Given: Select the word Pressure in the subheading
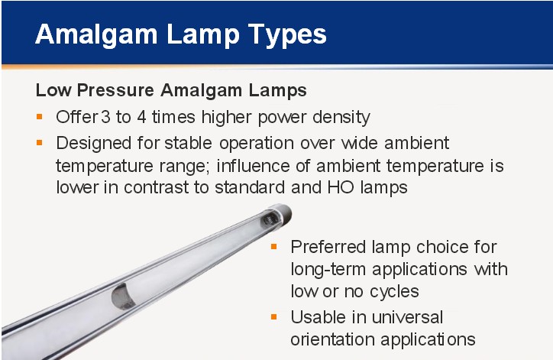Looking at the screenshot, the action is tap(115, 91).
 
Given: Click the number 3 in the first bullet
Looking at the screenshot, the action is tap(106, 117).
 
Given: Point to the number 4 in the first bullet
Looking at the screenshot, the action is tap(142, 117).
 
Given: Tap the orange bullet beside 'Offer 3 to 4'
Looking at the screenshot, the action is tap(40, 116).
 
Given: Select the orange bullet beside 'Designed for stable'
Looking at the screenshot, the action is tap(40, 143).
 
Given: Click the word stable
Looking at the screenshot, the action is tap(189, 143).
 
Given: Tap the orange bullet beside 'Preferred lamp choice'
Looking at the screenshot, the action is tap(274, 246).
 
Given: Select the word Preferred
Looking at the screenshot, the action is tap(328, 247).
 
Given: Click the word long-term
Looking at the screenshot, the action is tap(328, 270).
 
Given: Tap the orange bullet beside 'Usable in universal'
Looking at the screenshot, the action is tap(274, 316).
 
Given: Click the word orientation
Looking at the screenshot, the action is tap(332, 339).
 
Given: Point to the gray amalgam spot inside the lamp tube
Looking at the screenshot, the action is tap(122, 297).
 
